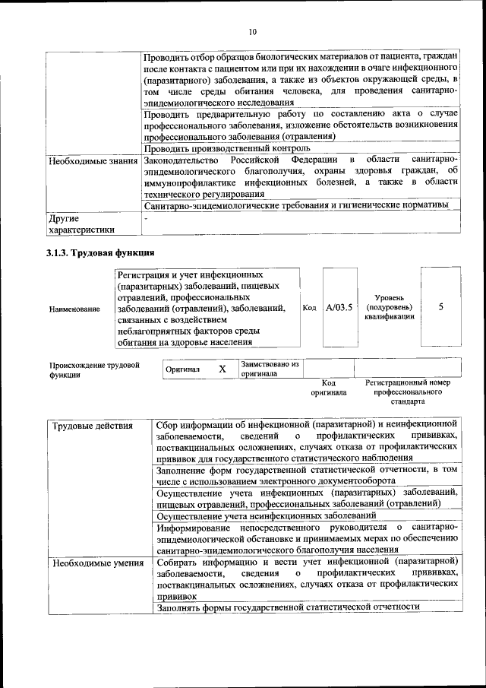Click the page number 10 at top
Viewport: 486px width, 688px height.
tap(252, 31)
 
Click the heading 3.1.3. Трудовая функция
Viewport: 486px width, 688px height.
tap(100, 252)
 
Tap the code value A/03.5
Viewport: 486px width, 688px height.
tap(339, 308)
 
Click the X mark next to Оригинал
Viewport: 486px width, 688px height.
tap(222, 369)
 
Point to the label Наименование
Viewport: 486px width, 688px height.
tap(74, 309)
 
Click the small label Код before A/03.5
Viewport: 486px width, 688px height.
tap(309, 308)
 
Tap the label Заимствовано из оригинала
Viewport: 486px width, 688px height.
tap(270, 369)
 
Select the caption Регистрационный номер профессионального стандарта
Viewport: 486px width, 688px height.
tap(402, 392)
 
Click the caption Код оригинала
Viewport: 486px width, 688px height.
tap(328, 388)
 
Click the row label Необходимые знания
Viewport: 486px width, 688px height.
tap(93, 161)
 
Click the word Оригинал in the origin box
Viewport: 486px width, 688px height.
tap(182, 369)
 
